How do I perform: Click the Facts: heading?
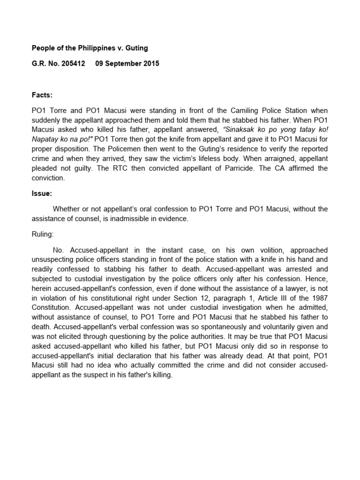[x=42, y=95]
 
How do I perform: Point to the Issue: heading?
[x=42, y=193]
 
